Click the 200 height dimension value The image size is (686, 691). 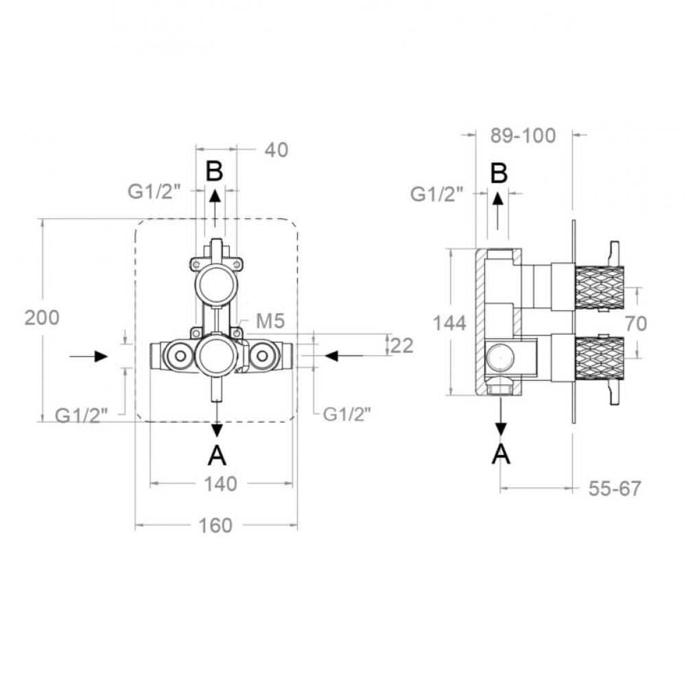[42, 317]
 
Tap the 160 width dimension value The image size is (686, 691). [215, 526]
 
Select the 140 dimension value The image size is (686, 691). [220, 484]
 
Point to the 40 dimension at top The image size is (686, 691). [276, 150]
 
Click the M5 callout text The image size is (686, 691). [270, 321]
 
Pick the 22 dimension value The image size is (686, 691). [402, 346]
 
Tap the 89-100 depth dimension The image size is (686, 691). [523, 135]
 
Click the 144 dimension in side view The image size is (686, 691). [449, 323]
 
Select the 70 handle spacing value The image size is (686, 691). [636, 324]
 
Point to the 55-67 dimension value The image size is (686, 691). [615, 489]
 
